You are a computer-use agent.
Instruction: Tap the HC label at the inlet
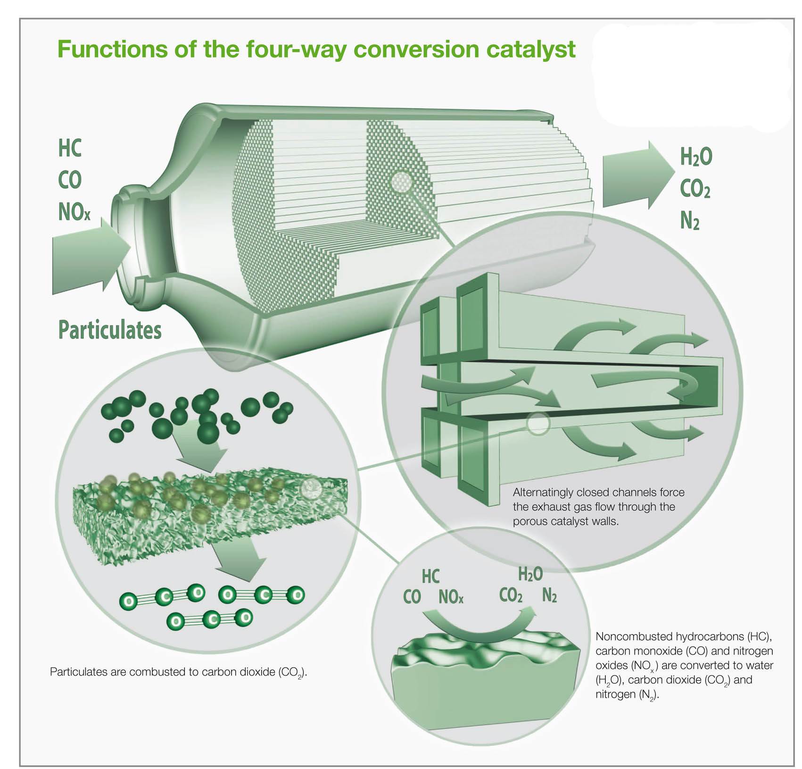tap(70, 148)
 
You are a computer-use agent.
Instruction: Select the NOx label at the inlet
tap(74, 212)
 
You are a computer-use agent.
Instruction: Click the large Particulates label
tap(109, 330)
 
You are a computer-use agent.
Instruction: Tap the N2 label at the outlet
tap(689, 220)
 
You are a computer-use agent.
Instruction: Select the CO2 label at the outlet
tap(695, 189)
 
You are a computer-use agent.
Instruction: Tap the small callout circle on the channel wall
tap(538, 423)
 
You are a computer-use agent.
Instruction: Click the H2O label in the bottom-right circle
tap(530, 574)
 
